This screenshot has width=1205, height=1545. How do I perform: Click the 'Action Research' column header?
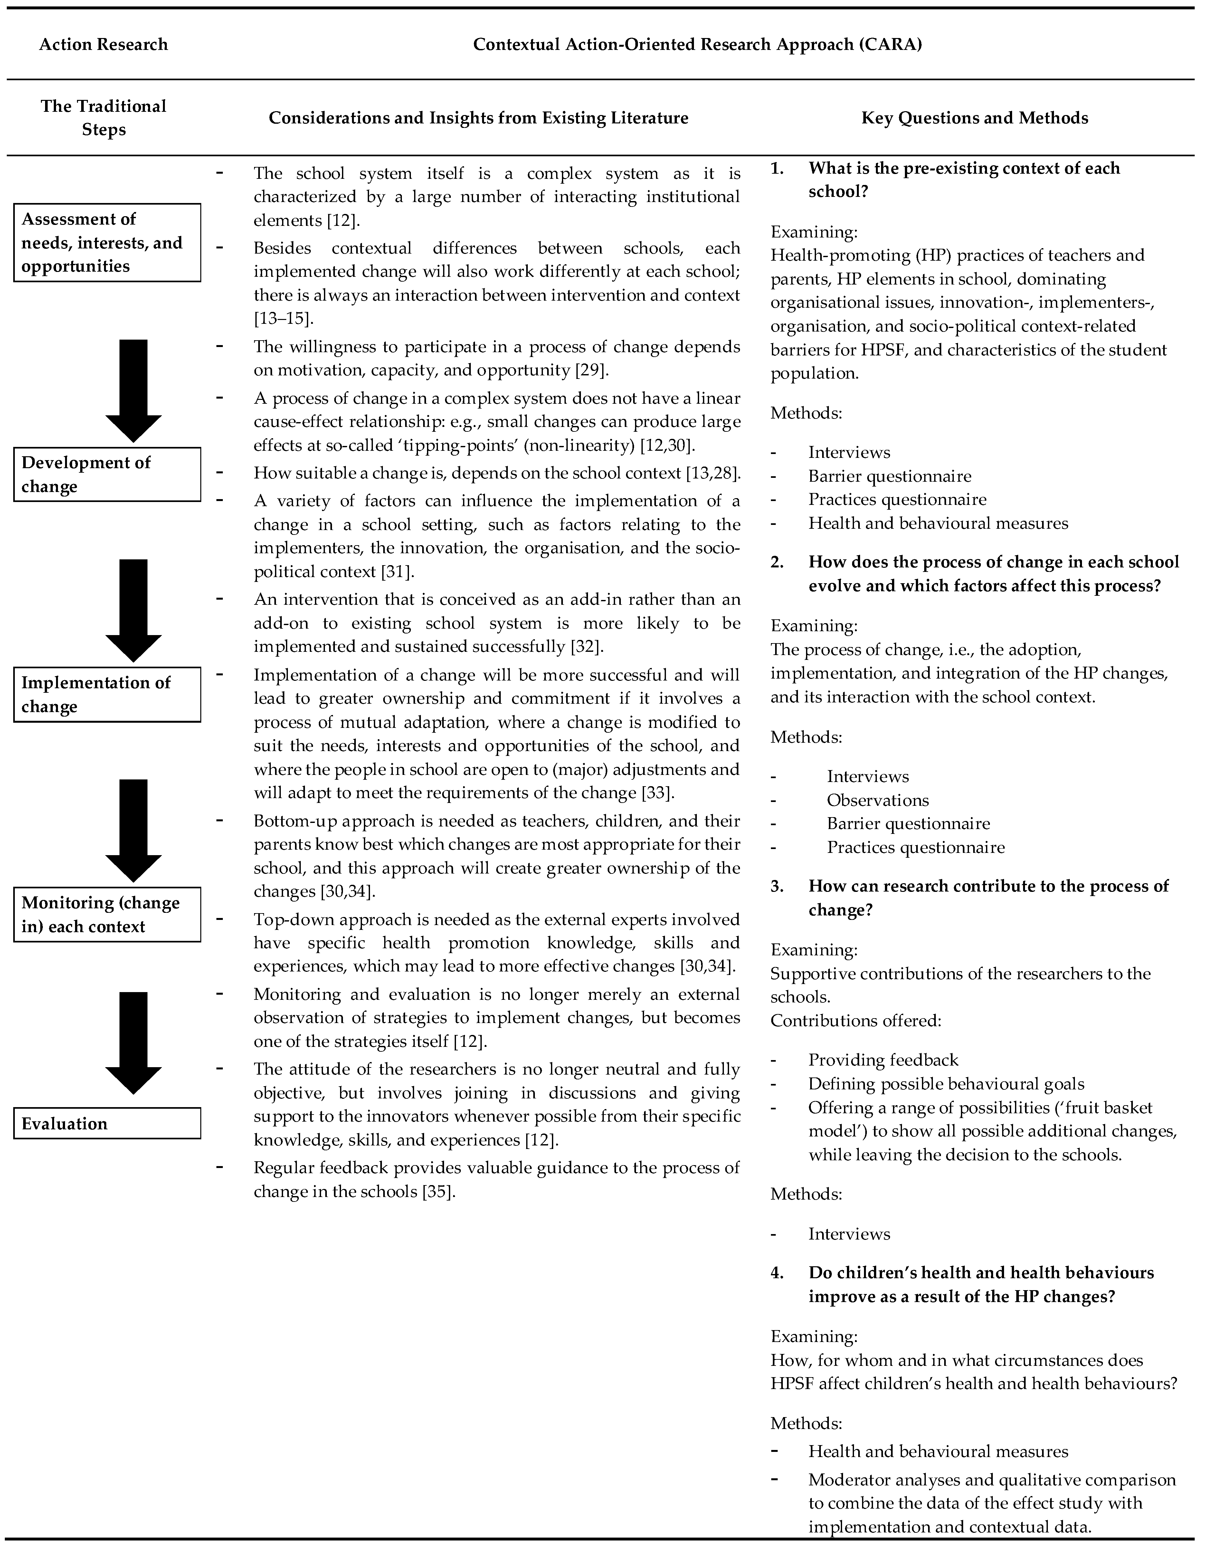(x=103, y=44)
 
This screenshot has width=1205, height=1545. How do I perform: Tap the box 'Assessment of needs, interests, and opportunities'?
(x=107, y=243)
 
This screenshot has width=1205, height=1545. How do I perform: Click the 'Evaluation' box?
(x=107, y=1123)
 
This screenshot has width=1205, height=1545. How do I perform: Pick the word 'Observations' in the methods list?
(x=878, y=800)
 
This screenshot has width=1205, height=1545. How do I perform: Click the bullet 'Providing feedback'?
(x=883, y=1060)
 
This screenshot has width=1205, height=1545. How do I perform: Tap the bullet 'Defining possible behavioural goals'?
(x=946, y=1084)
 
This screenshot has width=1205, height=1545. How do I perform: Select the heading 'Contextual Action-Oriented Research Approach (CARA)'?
(x=697, y=44)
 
